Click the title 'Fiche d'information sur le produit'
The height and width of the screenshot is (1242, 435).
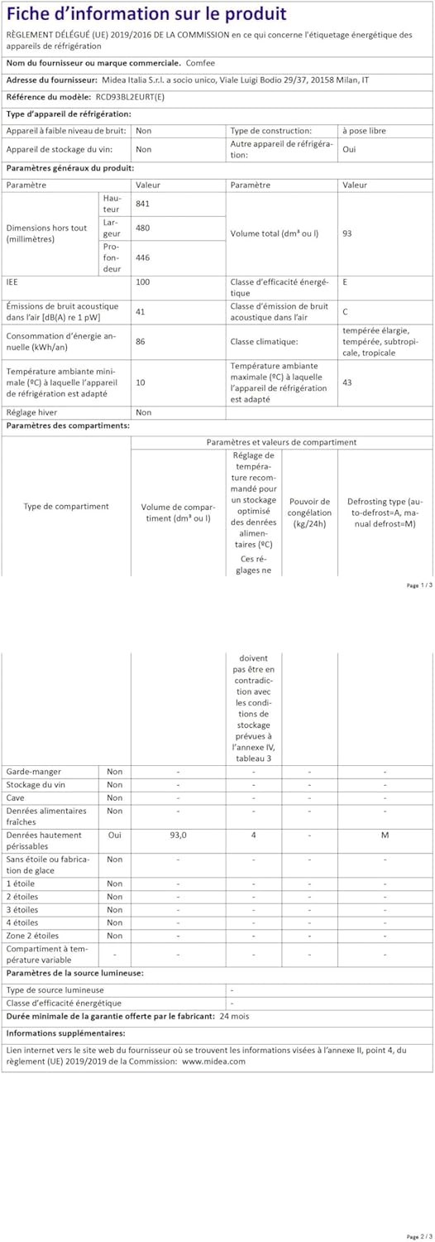coord(146,14)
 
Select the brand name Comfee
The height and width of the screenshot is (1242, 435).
coord(200,63)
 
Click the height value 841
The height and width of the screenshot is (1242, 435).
coord(143,204)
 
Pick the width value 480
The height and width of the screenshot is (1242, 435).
coord(143,228)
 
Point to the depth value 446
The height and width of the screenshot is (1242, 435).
coord(143,258)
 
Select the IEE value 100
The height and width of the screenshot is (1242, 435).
coord(143,282)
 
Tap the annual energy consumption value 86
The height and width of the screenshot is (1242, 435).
coord(141,340)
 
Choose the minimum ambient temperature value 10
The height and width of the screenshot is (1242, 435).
coord(141,383)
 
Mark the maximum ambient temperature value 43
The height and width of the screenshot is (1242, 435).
coord(347,383)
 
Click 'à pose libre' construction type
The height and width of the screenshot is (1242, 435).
coord(364,131)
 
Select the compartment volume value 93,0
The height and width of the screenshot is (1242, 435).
coord(178,835)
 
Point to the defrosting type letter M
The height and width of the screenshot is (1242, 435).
coord(385,835)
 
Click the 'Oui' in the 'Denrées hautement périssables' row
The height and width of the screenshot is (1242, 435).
coord(114,835)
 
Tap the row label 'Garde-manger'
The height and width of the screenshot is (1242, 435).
coord(33,772)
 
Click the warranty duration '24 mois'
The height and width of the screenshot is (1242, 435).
coord(235,1016)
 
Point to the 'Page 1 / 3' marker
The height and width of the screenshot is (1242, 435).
coord(418,585)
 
